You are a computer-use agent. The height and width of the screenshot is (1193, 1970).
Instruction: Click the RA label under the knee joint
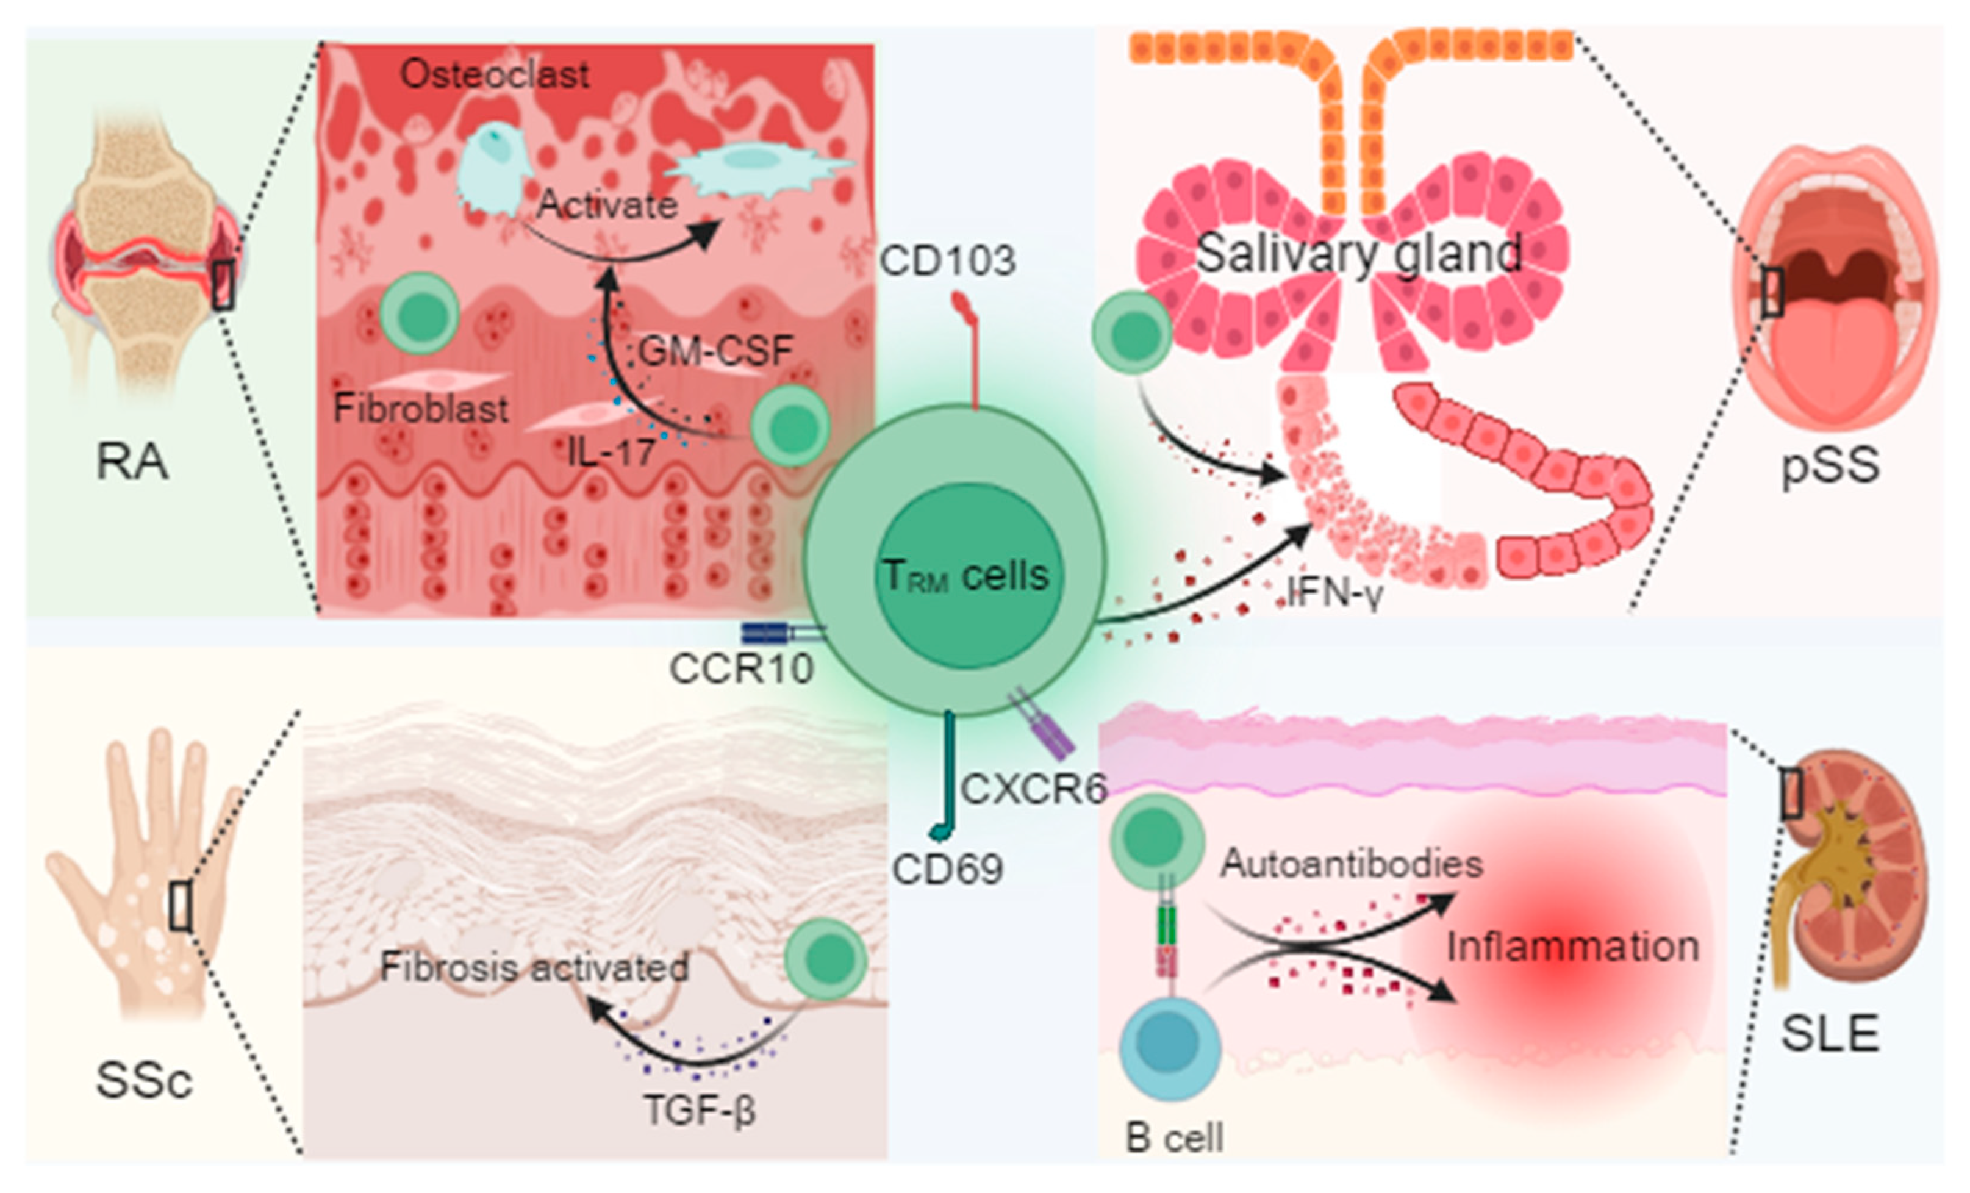(x=132, y=462)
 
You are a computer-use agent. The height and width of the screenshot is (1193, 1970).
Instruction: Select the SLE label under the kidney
(x=1829, y=1033)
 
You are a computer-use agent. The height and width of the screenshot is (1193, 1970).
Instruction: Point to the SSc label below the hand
(x=144, y=1080)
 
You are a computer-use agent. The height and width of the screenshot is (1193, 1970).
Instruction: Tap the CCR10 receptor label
(x=741, y=669)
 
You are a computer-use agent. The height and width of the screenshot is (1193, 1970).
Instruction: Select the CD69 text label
(x=947, y=869)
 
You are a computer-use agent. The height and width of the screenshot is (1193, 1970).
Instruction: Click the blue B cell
(x=1170, y=1047)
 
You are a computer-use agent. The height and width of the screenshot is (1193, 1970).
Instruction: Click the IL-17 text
(x=612, y=453)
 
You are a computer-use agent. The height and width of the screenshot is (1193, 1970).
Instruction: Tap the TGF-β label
(x=700, y=1110)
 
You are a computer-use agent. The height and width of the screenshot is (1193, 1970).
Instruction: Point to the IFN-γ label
(x=1336, y=593)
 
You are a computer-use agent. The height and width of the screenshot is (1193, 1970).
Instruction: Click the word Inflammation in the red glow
(x=1572, y=947)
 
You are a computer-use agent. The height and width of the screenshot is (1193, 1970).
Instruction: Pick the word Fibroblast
(x=421, y=409)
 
